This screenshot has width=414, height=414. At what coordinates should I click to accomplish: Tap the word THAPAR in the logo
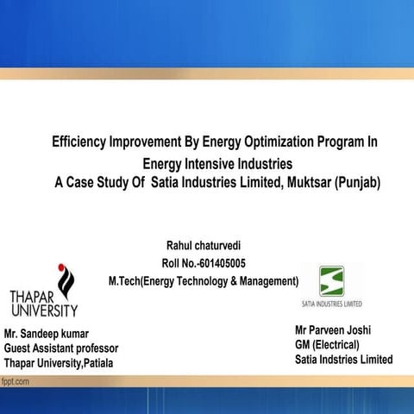36,297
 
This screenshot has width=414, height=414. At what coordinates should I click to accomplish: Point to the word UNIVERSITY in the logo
43,310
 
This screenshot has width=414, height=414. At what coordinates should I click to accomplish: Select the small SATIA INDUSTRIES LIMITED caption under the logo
332,304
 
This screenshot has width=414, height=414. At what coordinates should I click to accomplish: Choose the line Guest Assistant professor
60,348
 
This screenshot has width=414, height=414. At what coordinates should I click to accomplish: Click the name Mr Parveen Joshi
332,329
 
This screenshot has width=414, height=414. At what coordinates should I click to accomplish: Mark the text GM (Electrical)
327,344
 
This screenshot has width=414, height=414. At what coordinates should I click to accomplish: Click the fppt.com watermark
17,379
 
